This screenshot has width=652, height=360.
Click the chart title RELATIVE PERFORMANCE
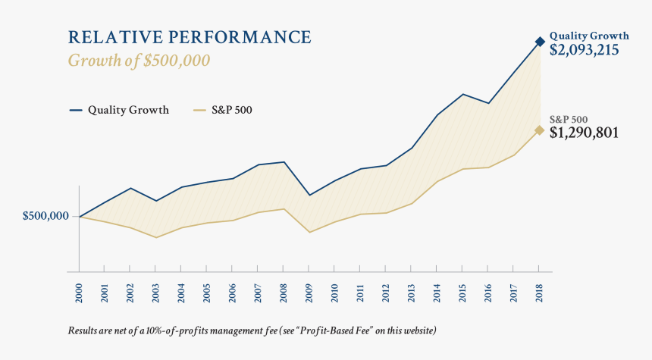[x=190, y=37]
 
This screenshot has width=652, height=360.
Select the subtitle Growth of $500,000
[x=139, y=61]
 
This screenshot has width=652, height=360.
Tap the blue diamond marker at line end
[x=540, y=42]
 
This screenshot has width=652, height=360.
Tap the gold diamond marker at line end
[x=540, y=130]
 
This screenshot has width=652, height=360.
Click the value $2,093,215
[x=585, y=51]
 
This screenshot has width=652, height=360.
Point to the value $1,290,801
[x=584, y=133]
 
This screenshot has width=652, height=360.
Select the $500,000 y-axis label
[x=45, y=216]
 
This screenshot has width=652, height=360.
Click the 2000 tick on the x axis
[x=79, y=293]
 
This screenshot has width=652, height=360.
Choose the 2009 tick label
[x=309, y=293]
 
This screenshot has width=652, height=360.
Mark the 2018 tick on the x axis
[x=539, y=293]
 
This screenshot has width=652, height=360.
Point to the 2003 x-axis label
[x=155, y=293]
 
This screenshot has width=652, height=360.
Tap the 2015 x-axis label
[x=462, y=293]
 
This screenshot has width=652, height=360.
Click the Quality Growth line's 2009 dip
[x=309, y=195]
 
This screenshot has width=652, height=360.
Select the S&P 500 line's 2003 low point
[x=155, y=237]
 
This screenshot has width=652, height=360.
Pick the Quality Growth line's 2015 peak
[x=462, y=94]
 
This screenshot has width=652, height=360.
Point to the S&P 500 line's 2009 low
[x=309, y=232]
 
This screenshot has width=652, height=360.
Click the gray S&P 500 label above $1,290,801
[x=569, y=119]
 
